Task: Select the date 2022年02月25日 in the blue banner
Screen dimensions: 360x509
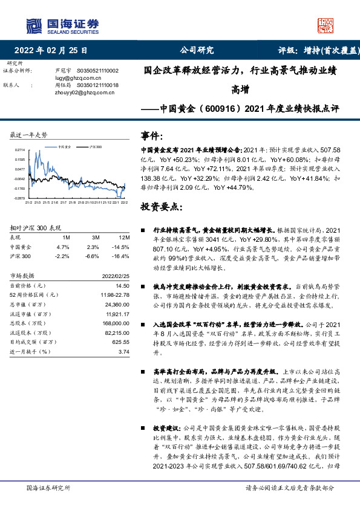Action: (54, 51)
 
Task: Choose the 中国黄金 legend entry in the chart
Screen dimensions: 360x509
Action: (66, 147)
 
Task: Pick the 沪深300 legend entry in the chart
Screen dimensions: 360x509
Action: (95, 147)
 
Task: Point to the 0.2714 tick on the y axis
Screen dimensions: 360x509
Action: (19, 149)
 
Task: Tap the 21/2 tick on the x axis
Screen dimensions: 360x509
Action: (28, 202)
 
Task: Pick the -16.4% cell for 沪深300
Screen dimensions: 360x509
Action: (122, 256)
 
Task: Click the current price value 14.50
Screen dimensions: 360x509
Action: (123, 285)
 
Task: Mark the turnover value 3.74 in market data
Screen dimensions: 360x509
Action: (124, 351)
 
